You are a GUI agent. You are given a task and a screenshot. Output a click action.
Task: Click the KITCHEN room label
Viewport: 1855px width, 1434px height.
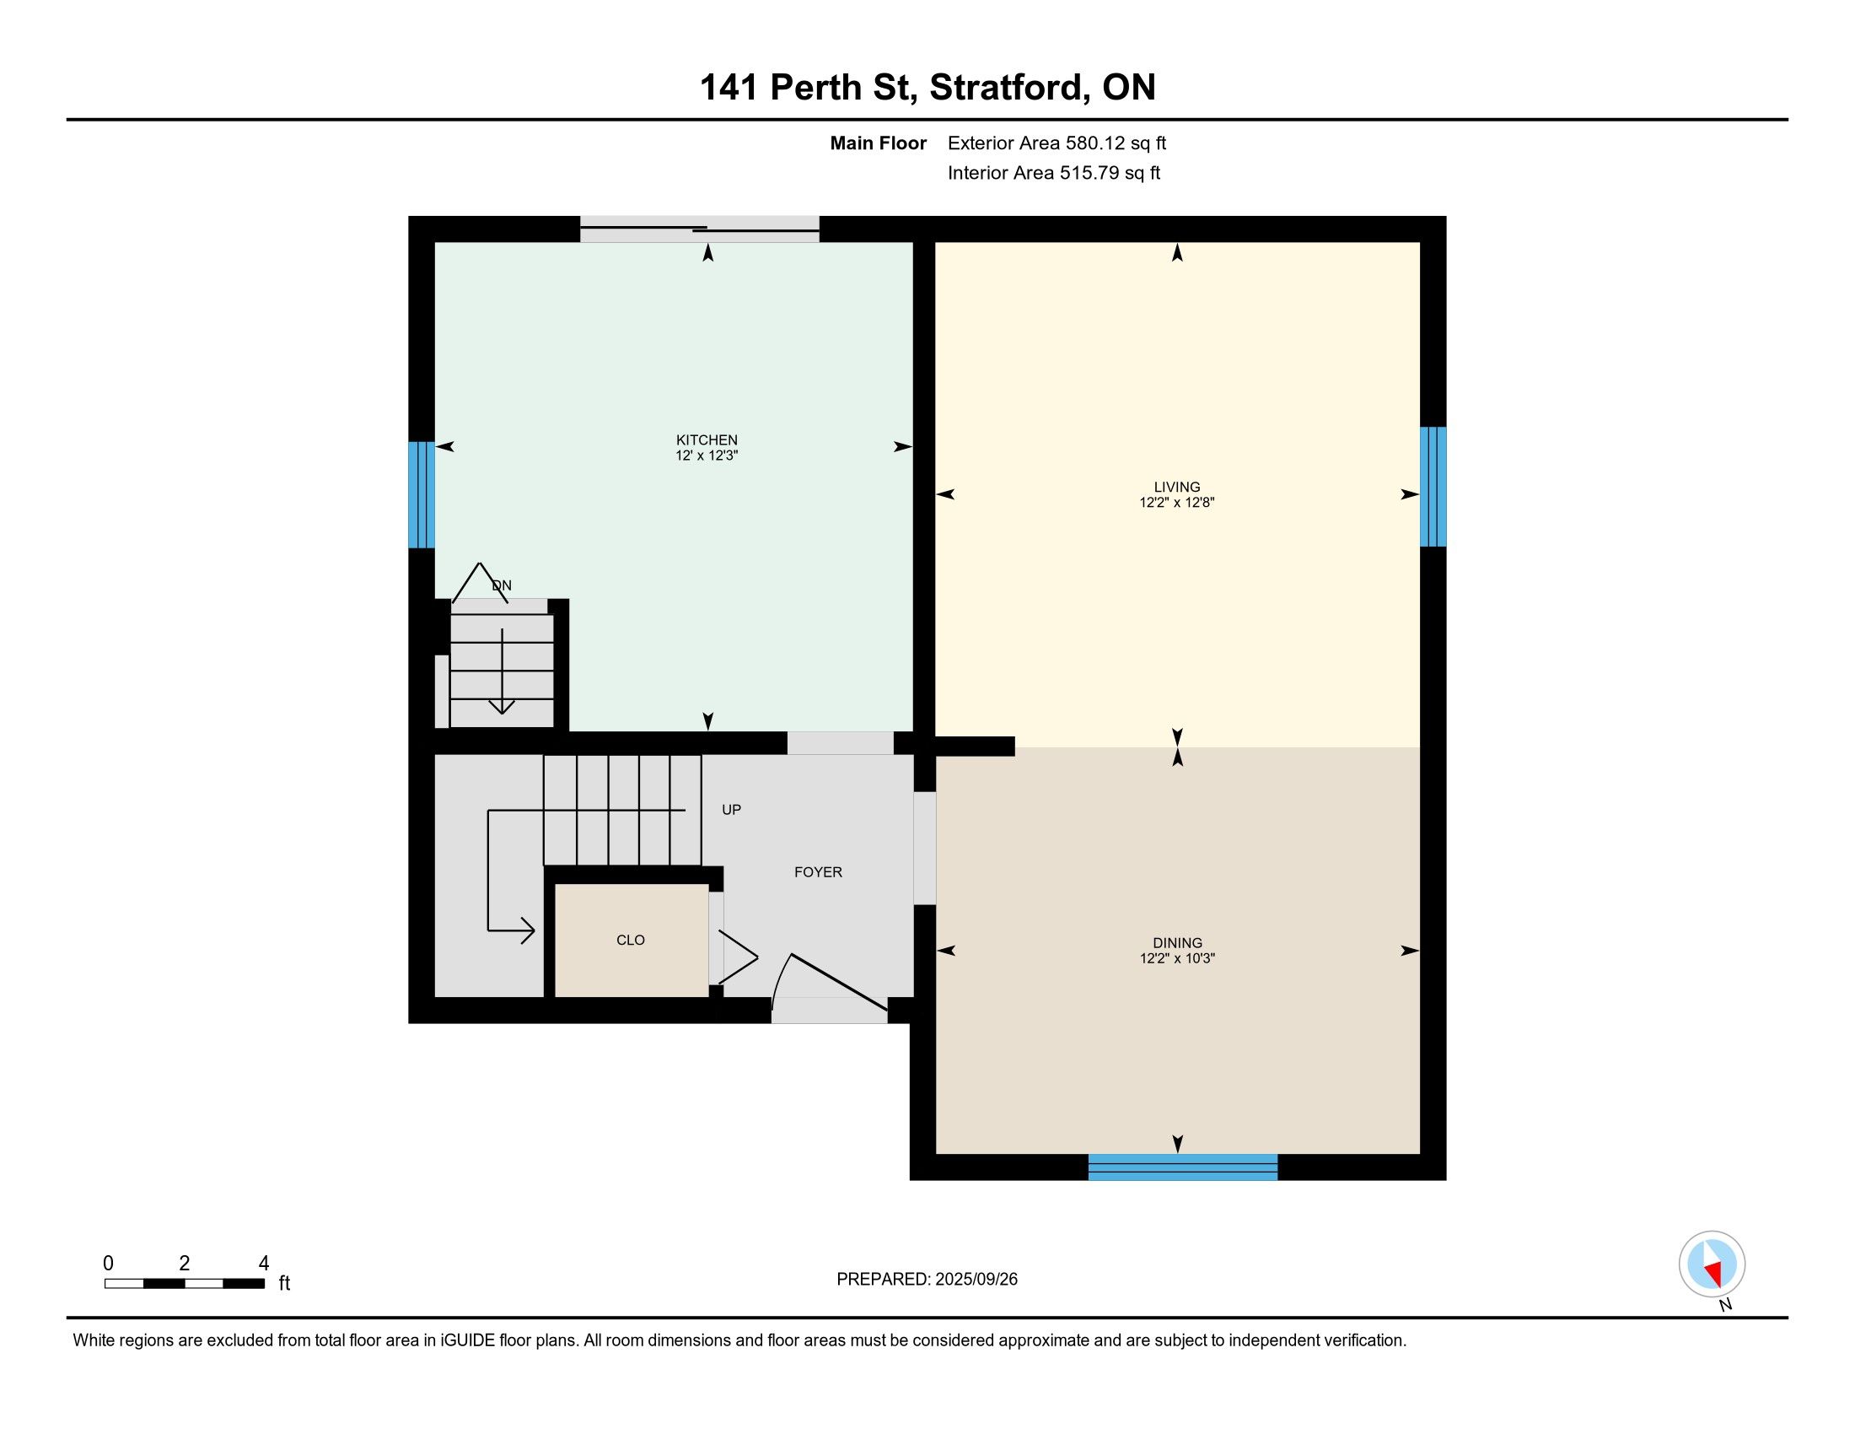click(x=707, y=440)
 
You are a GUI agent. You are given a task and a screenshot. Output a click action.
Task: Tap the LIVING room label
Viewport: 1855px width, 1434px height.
click(x=1176, y=487)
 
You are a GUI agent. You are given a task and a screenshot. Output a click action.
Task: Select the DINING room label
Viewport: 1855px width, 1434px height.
click(x=1177, y=943)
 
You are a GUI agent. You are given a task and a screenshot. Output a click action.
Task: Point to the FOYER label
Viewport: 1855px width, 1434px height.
click(x=818, y=872)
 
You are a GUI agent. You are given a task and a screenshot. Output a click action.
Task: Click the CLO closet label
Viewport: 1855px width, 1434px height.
click(x=630, y=941)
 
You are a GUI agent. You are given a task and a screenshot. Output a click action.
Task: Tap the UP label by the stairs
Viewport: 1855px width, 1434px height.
click(x=731, y=810)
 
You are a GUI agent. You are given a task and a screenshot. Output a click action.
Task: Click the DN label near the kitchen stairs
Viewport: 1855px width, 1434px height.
click(x=502, y=585)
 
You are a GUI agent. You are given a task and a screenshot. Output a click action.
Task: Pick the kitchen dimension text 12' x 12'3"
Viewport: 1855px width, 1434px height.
click(x=707, y=456)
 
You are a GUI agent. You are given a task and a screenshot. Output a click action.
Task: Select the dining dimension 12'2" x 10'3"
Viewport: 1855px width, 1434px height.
click(x=1177, y=958)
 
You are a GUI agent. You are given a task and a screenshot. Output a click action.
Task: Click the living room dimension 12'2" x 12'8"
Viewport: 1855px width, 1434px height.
click(x=1176, y=502)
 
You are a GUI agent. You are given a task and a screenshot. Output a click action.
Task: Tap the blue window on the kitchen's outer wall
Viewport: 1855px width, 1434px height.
click(x=422, y=494)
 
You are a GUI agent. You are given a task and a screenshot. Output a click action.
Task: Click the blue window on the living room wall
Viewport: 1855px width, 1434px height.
click(x=1433, y=486)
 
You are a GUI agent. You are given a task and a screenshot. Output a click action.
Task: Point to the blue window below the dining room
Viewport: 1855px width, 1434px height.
click(x=1182, y=1167)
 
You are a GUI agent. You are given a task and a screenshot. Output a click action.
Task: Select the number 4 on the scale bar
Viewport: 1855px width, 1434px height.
click(x=263, y=1264)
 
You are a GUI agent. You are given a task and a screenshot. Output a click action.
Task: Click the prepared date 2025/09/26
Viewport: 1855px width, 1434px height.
click(x=976, y=1279)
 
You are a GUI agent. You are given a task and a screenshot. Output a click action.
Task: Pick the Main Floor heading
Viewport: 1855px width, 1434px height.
click(x=879, y=143)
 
